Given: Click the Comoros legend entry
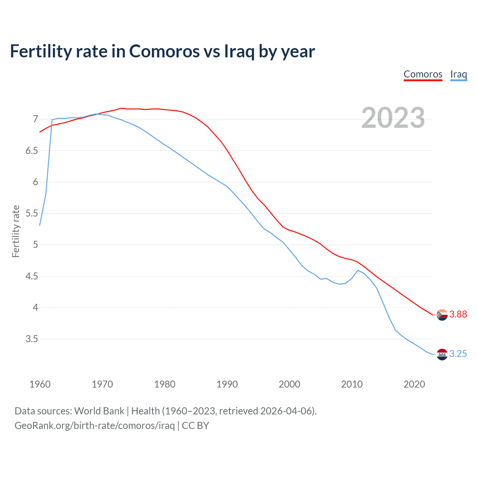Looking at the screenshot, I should click(x=423, y=74).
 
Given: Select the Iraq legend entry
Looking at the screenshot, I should click(x=458, y=74).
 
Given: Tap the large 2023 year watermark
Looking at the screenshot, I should click(x=393, y=118).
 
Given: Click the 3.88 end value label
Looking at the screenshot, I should click(x=458, y=315).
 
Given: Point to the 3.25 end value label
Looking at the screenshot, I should click(x=458, y=354).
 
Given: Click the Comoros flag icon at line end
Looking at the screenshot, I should click(x=442, y=315).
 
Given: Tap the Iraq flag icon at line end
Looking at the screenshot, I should click(x=442, y=354).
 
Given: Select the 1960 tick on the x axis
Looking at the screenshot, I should click(x=40, y=384).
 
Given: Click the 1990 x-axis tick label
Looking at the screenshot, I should click(x=227, y=384).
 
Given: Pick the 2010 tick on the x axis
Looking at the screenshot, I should click(x=352, y=384).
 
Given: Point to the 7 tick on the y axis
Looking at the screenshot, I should click(x=35, y=119).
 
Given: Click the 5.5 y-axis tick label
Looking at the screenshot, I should click(x=32, y=214).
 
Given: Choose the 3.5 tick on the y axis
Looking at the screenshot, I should click(x=32, y=339).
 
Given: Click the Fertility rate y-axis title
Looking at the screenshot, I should click(x=16, y=231).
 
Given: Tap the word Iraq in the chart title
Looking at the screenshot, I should click(x=239, y=51).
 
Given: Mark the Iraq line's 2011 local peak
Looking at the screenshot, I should click(x=358, y=270).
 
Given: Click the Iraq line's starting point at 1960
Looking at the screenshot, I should click(x=40, y=225).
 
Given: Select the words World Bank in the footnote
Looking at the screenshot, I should click(x=99, y=411).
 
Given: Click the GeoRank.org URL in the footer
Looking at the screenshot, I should click(x=95, y=426).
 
